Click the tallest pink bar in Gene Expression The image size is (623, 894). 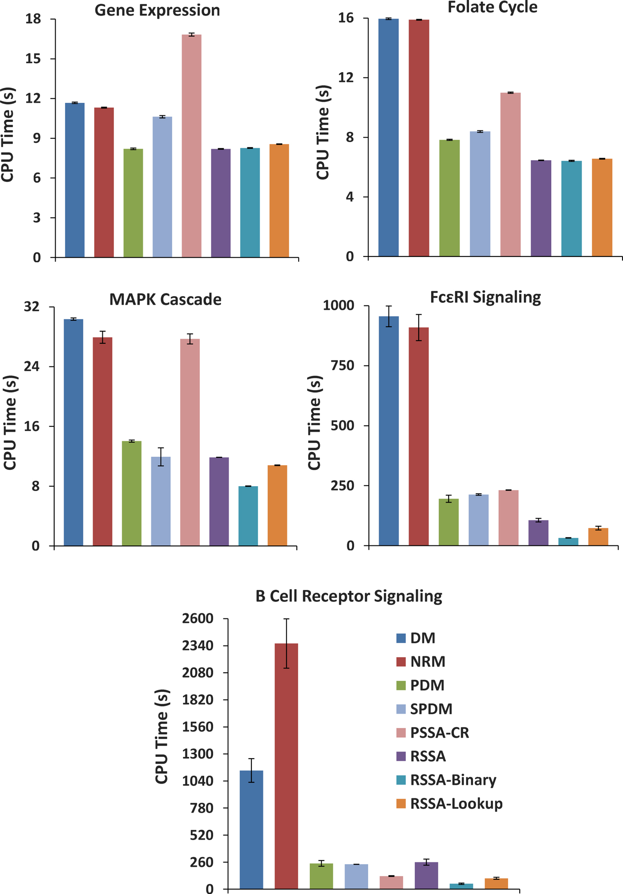pos(191,147)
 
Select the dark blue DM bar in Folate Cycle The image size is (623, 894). pos(388,138)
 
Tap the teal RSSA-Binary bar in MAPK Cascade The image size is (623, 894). pos(248,516)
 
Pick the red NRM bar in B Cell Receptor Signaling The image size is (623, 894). pos(286,766)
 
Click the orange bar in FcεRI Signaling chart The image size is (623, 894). pos(598,537)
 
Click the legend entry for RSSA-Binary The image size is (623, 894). pos(453,780)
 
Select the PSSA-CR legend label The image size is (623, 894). pos(439,733)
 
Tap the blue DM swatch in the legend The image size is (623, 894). pos(401,638)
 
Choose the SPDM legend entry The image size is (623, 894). pos(431,709)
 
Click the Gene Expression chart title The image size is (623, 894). pos(157,10)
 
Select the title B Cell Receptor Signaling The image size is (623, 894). pos(348,596)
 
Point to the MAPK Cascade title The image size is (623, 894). pos(165,299)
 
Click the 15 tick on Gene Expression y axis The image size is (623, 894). pos(33,59)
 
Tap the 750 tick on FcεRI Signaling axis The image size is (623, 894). pos(343,366)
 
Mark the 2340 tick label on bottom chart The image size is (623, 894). pos(198,646)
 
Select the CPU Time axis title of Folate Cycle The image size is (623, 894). pos(323,133)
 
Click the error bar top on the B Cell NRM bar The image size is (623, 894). pos(286,619)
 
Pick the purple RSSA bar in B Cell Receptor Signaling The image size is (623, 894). pos(426,875)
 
